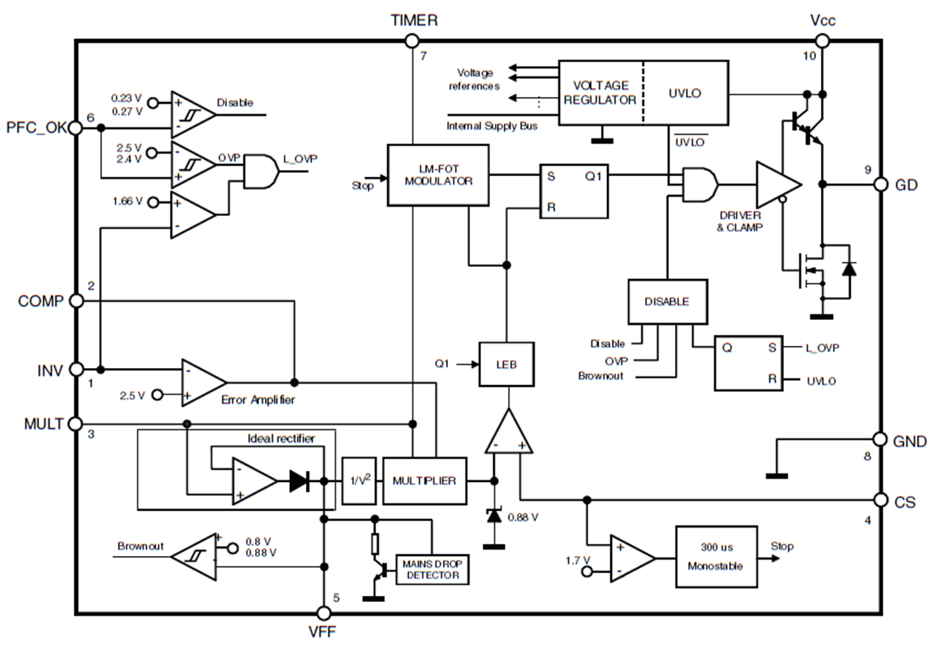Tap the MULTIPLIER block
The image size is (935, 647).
[423, 481]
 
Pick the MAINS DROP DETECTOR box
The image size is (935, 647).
[432, 570]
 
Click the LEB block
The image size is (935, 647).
[507, 364]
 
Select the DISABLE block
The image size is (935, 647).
[667, 301]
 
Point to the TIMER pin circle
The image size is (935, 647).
[412, 40]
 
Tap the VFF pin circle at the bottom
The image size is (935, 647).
[323, 613]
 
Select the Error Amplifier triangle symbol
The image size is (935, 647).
[202, 381]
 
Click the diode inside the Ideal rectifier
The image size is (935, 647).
[299, 481]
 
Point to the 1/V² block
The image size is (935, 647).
[358, 481]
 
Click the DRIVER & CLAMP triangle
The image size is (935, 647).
[775, 184]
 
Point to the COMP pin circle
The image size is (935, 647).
[75, 301]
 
